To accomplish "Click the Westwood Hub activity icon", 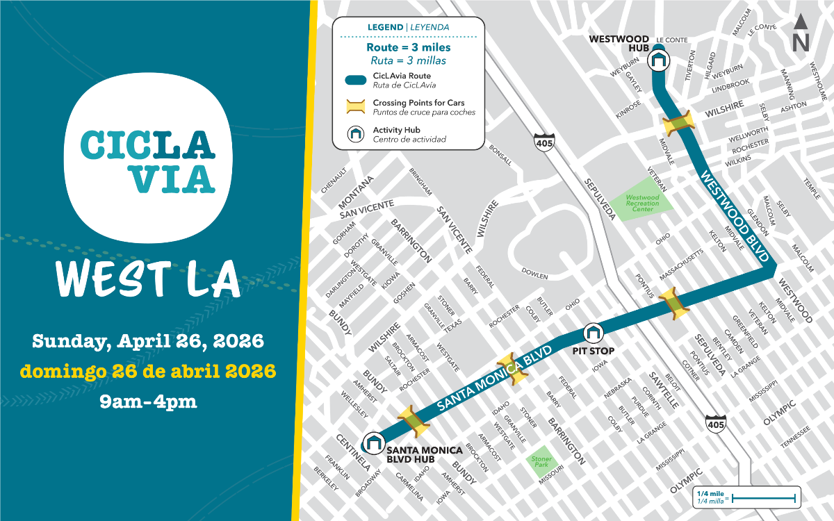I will click(x=658, y=61).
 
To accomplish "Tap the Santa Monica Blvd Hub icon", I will click(x=374, y=443).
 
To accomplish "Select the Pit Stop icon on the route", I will click(x=593, y=333).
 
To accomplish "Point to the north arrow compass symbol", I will click(x=801, y=33).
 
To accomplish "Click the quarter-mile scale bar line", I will click(x=763, y=497).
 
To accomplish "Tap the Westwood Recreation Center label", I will click(x=642, y=203).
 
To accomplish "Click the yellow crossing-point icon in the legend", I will click(x=356, y=106).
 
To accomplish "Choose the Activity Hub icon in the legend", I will click(x=356, y=133).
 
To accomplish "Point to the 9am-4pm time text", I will click(x=147, y=401).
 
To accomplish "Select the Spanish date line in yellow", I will click(x=147, y=371).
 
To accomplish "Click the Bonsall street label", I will click(x=500, y=154).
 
